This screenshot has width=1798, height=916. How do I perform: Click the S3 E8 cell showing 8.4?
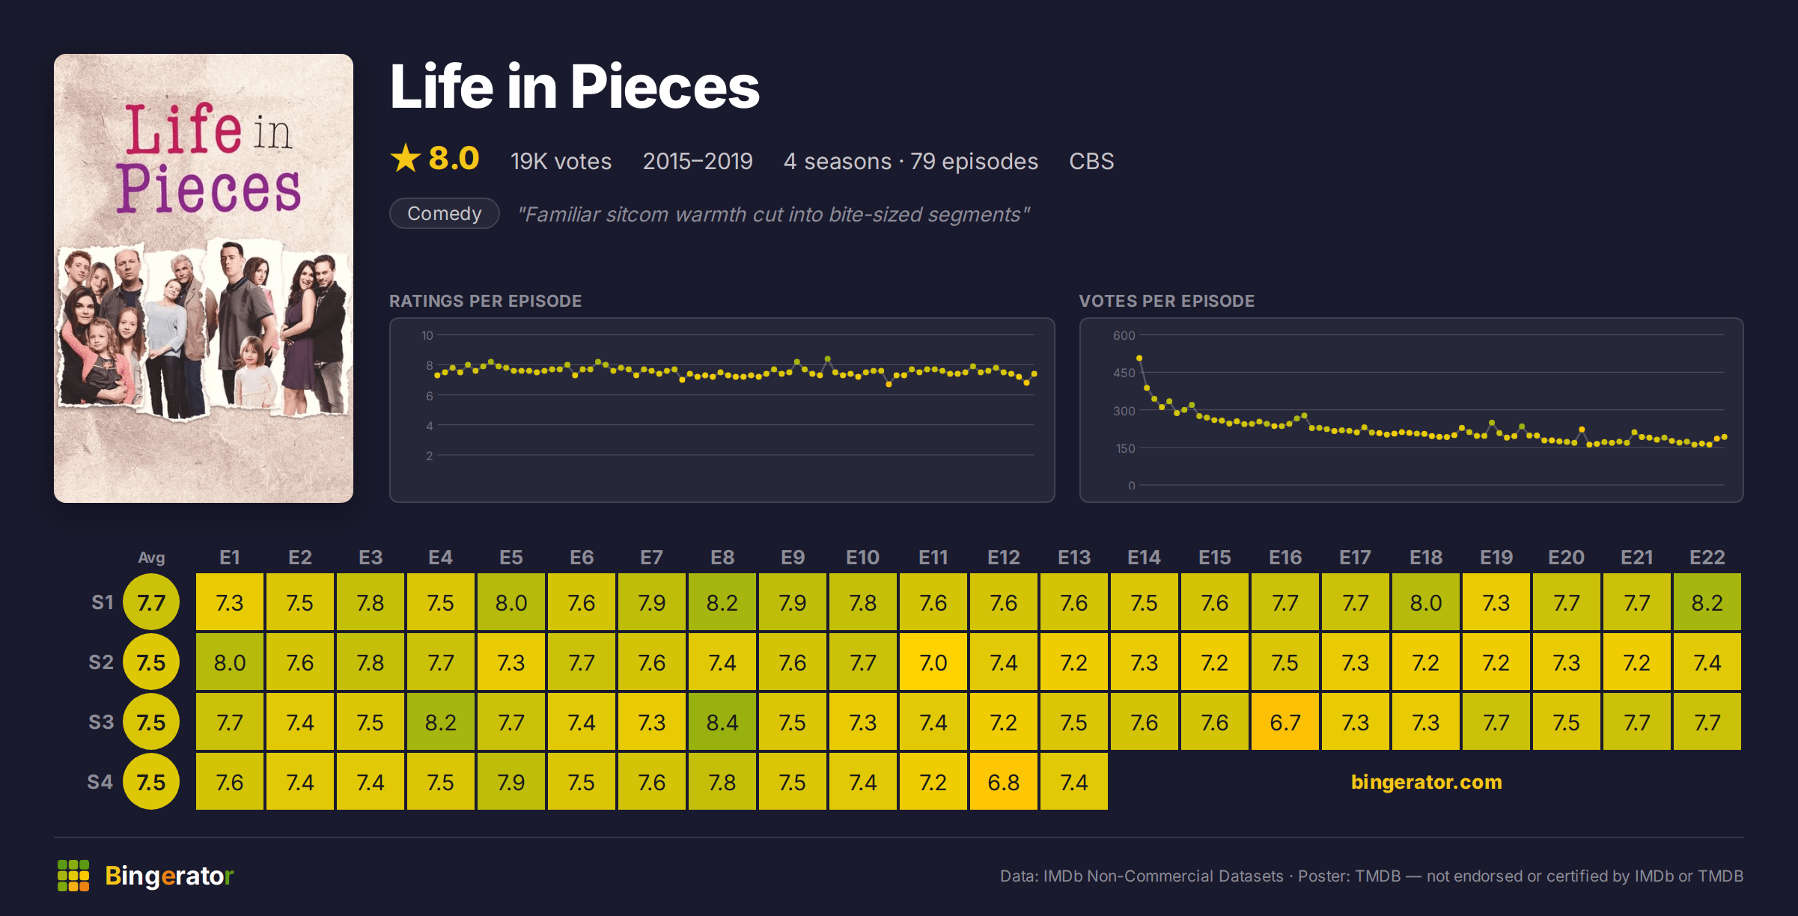(722, 721)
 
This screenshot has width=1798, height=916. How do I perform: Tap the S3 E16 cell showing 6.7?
(1284, 721)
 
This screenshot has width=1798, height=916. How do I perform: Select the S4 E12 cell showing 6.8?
(1003, 781)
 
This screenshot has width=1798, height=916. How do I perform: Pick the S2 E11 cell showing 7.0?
(933, 662)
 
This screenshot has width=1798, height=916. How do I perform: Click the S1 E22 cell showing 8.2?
(1707, 602)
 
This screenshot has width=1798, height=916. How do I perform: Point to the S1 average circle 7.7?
(151, 602)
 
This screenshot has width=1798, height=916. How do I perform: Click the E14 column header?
(1144, 558)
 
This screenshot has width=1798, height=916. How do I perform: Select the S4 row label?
(100, 782)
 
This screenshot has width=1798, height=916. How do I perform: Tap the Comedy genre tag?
(445, 213)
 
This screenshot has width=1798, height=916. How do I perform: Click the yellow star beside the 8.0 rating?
(406, 158)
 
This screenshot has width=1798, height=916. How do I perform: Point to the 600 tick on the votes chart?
(1124, 335)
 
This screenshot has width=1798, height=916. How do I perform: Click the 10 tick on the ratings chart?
(427, 335)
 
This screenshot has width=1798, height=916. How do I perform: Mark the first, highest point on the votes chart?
(1139, 358)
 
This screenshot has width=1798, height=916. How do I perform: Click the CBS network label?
(1091, 161)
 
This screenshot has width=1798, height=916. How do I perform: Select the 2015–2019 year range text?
(698, 161)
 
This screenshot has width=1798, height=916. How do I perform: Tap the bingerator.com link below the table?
(1427, 782)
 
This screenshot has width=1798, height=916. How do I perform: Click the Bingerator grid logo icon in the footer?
(73, 876)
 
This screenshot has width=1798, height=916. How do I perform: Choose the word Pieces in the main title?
(665, 87)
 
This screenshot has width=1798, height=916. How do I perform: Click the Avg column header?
(151, 558)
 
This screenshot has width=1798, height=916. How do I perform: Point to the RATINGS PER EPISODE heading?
(485, 301)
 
